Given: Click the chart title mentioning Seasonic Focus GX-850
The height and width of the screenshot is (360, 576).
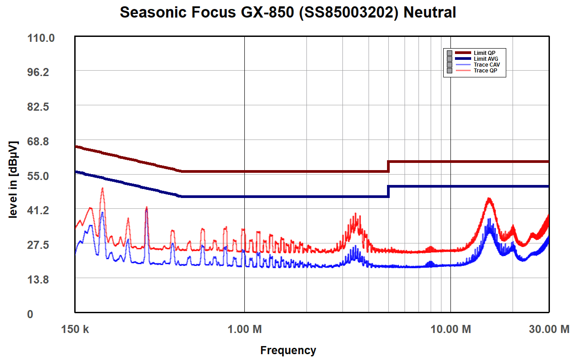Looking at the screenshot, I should click(x=288, y=12).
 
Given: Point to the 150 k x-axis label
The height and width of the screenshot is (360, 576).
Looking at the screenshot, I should click(x=75, y=329).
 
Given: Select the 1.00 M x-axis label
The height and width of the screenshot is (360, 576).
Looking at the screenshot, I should click(x=244, y=329).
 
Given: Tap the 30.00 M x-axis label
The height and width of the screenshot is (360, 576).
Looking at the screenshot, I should click(x=549, y=329).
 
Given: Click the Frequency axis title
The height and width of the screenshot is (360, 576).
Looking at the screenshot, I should click(x=288, y=350).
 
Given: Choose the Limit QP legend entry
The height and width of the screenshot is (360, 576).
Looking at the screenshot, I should click(x=484, y=53).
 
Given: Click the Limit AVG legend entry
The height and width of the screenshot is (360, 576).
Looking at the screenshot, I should click(x=486, y=59).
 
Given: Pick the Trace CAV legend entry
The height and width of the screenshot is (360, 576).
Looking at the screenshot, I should click(x=486, y=65).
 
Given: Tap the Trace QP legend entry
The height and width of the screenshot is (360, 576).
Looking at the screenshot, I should click(x=485, y=71).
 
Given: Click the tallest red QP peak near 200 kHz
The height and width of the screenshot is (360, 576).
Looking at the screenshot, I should click(x=103, y=189).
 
